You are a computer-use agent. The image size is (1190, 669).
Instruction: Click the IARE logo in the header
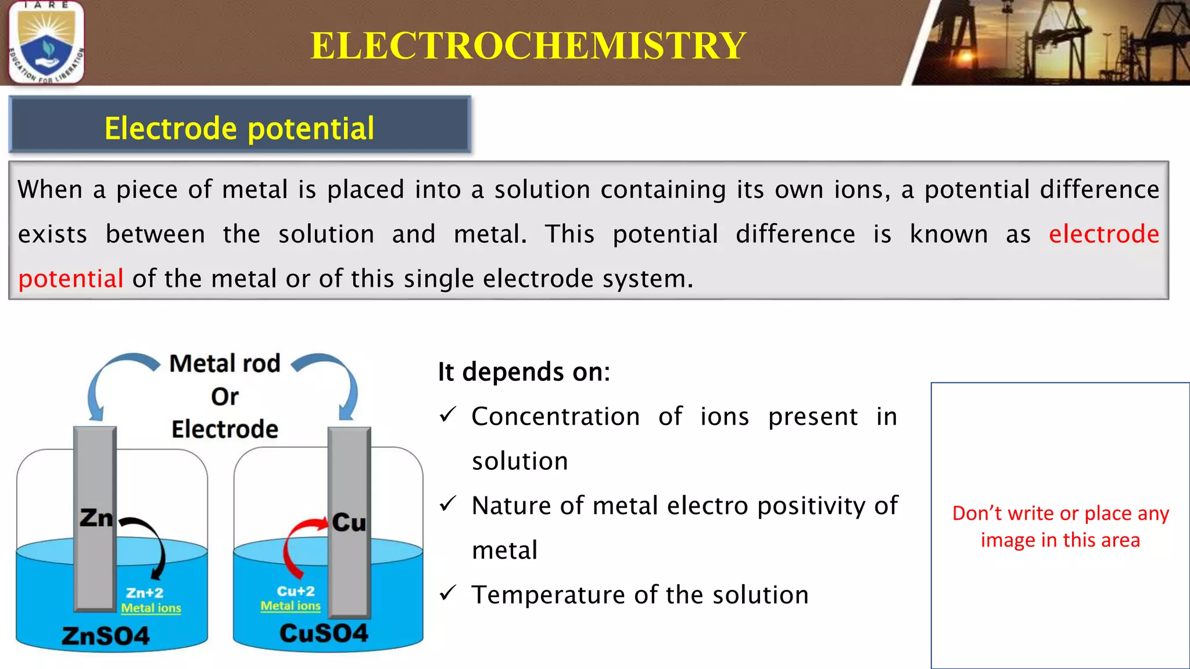tap(46, 42)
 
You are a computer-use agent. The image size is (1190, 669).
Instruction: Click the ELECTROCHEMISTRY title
tap(528, 45)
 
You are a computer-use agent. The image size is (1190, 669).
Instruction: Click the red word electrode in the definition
tap(1104, 234)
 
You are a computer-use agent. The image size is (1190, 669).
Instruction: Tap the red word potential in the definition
tap(71, 279)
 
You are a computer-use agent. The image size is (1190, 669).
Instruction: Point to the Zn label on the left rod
tap(96, 518)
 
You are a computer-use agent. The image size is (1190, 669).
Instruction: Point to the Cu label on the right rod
tap(349, 523)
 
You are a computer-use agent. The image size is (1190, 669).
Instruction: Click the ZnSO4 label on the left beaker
tap(106, 636)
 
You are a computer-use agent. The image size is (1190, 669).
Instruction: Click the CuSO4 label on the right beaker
tap(324, 633)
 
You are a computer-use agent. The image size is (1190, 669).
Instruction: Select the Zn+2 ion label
tap(145, 593)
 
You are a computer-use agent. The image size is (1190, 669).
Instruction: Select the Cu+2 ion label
tap(296, 591)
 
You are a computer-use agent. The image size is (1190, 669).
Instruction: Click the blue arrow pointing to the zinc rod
tap(110, 377)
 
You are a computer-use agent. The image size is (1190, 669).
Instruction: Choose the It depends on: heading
tap(524, 372)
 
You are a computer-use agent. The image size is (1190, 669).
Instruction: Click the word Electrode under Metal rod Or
tap(225, 430)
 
